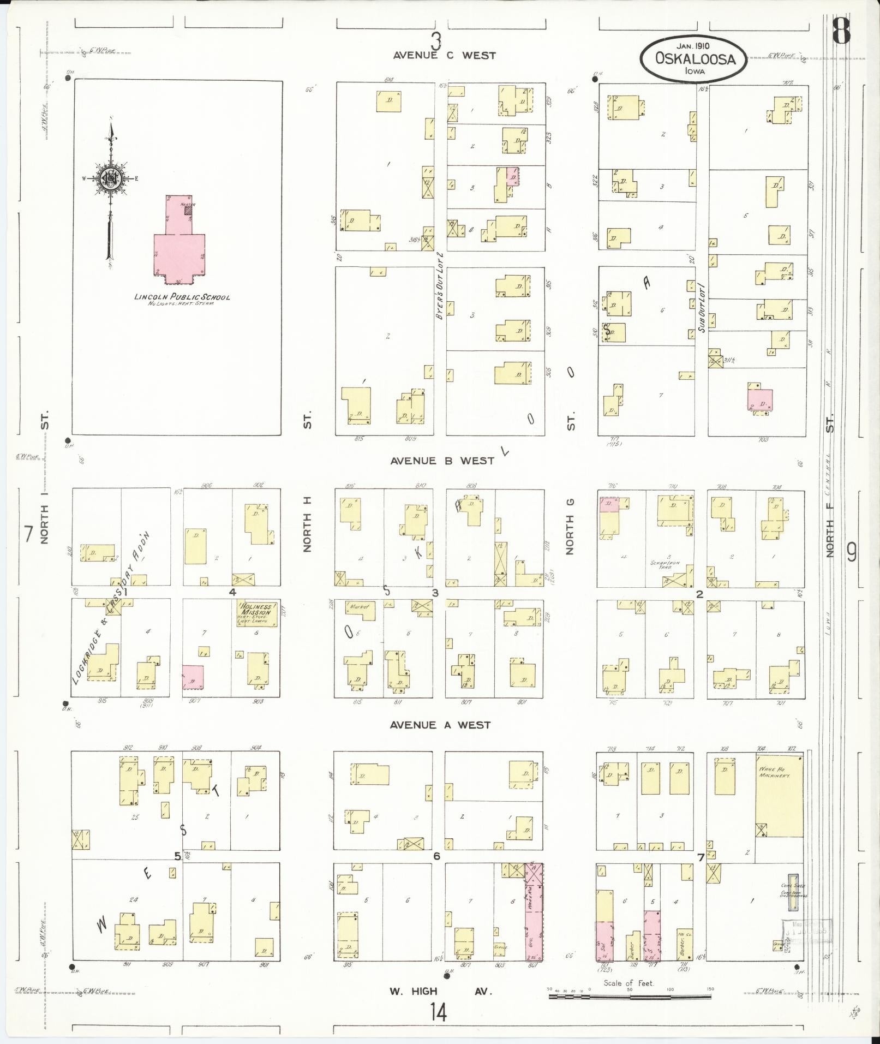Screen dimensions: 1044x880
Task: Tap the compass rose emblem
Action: pos(111,178)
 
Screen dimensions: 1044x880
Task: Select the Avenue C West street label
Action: pos(444,55)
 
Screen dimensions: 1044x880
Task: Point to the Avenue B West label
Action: pos(442,461)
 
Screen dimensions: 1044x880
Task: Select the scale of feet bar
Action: pos(630,997)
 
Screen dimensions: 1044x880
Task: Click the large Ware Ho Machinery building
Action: pos(779,801)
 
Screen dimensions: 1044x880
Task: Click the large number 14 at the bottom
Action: pos(437,1012)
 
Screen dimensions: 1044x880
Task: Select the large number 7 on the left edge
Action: pos(28,534)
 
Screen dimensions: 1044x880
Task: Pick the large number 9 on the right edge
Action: pos(851,553)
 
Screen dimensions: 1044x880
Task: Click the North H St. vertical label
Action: pos(307,532)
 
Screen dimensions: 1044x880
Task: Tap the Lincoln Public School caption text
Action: pos(182,297)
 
